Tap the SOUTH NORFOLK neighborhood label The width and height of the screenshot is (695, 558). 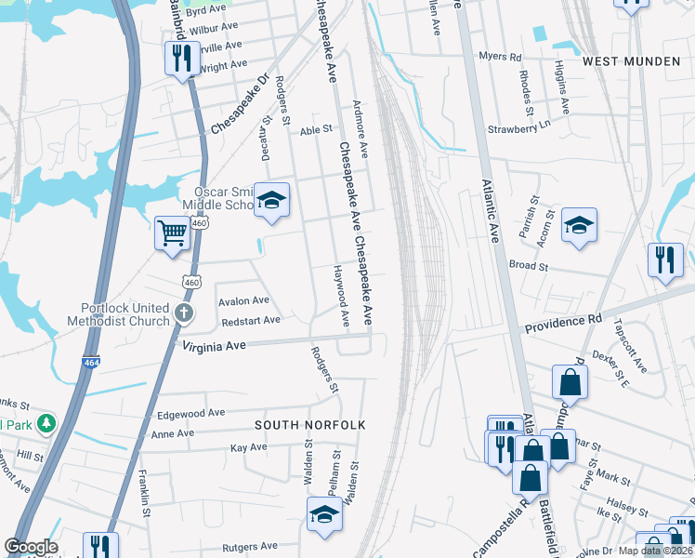coord(310,425)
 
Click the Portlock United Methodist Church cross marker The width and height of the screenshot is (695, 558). coord(184,312)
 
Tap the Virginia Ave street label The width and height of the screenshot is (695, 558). coord(214,345)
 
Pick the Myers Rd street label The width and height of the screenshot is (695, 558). coord(500,57)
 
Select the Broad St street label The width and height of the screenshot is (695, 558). coord(529,265)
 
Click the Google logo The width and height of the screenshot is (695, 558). coord(31,546)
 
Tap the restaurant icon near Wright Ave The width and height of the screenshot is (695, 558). coord(178,59)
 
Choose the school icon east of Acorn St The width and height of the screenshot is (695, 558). coord(578,225)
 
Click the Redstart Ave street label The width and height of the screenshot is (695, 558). coord(251,321)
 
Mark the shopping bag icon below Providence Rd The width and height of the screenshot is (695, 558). coord(569,381)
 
